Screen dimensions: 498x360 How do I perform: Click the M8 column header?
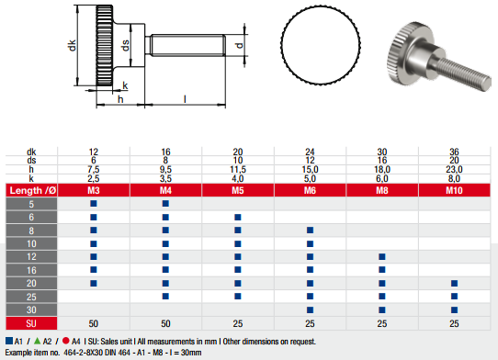(x=382, y=190)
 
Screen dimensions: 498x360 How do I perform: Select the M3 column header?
(x=94, y=190)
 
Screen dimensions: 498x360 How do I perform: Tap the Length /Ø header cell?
(x=31, y=190)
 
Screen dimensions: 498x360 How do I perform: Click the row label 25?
(x=31, y=297)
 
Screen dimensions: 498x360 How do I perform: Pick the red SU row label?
(x=31, y=323)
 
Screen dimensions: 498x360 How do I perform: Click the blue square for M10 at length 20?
(x=454, y=283)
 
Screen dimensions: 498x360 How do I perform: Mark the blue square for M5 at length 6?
(x=238, y=217)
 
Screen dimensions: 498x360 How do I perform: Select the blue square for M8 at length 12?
(x=382, y=256)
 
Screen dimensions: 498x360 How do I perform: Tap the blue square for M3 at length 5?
(x=94, y=204)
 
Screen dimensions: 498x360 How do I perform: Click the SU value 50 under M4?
(x=165, y=323)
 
